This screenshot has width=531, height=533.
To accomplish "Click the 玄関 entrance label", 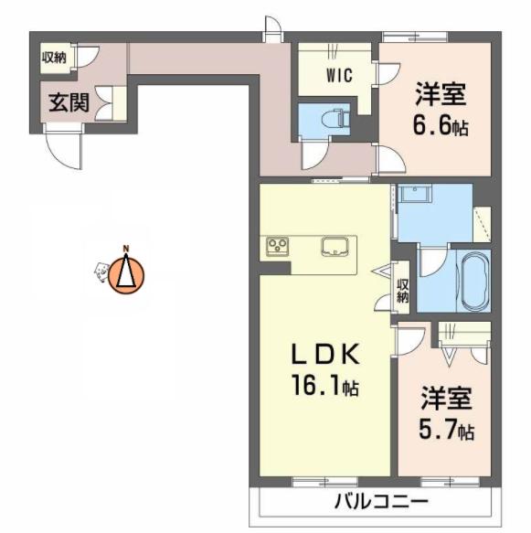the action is tap(69, 102).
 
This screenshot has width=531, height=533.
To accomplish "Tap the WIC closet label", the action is tap(339, 75).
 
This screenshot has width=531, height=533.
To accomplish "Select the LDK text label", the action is tap(325, 354).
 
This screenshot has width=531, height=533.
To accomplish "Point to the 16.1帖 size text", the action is tap(325, 387).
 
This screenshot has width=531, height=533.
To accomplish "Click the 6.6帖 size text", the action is tap(441, 125).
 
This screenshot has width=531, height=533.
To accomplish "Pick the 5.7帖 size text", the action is tap(446, 430).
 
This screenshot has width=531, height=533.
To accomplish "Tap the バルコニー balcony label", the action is tap(381, 501).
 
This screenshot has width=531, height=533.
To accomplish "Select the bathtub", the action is tap(473, 281).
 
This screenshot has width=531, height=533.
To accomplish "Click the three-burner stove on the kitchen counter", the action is tap(278, 246).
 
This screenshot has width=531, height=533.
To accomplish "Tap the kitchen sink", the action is tap(335, 246).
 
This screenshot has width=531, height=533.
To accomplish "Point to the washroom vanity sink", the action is tap(414, 194).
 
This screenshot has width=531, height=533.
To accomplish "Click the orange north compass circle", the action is tap(126, 276).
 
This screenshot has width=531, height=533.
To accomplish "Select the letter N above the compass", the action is tap(126, 248).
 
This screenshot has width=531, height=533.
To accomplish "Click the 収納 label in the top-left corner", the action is tap(54, 58).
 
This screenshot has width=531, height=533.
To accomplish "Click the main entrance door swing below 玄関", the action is tap(64, 146).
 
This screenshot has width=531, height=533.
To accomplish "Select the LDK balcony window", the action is tap(325, 481).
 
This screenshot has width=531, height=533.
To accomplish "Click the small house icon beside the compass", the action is tap(101, 272).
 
